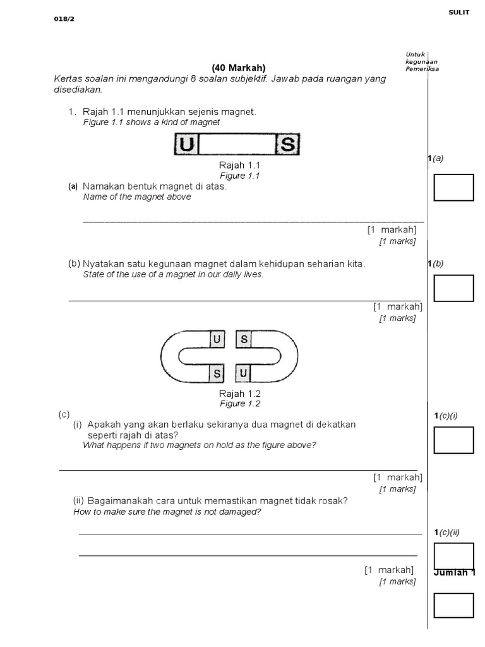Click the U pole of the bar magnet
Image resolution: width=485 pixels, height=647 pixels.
click(x=186, y=145)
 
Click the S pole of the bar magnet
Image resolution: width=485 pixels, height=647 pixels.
click(x=287, y=145)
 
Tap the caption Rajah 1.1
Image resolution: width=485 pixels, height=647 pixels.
click(x=239, y=165)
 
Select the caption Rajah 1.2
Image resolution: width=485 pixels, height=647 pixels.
click(x=239, y=394)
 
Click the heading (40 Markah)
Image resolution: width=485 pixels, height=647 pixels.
click(x=239, y=68)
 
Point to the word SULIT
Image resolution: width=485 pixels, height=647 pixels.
click(x=459, y=13)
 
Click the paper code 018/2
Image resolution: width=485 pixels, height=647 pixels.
click(x=64, y=19)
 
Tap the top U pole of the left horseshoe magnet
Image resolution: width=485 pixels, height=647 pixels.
click(x=217, y=340)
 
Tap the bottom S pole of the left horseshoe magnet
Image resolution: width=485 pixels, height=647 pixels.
click(x=217, y=374)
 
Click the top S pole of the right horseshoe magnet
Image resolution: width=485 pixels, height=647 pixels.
click(x=244, y=340)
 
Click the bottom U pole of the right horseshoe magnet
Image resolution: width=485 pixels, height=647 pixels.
click(x=244, y=374)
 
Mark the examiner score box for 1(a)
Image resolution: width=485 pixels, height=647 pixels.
click(x=453, y=188)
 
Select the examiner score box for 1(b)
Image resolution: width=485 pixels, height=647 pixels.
click(x=453, y=288)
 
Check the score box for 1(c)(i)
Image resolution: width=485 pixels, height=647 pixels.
click(x=453, y=440)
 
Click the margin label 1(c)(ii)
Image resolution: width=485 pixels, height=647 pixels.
click(x=447, y=533)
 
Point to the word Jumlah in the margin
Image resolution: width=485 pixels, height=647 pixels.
click(x=450, y=572)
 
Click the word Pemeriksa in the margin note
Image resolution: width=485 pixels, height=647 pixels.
click(x=422, y=69)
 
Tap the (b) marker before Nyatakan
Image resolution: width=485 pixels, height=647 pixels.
click(x=75, y=263)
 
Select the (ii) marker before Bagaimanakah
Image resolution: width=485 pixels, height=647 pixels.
click(x=79, y=501)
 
